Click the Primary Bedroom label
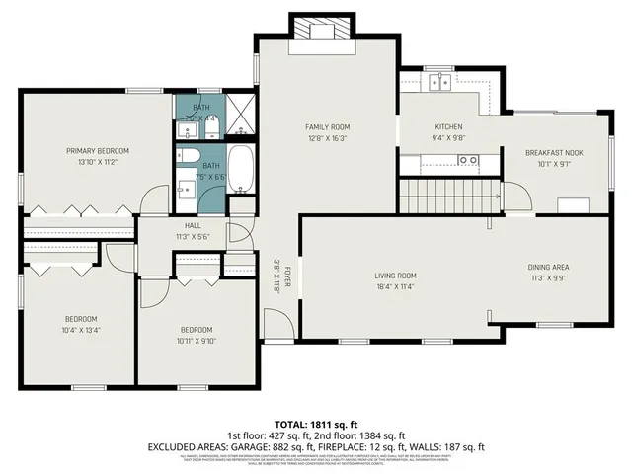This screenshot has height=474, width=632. click(98, 151)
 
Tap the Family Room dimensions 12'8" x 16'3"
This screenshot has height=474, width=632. click(327, 139)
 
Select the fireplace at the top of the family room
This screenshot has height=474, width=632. click(320, 31)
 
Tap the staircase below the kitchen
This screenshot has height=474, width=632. click(445, 195)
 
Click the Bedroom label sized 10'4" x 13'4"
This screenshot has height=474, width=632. click(82, 319)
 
